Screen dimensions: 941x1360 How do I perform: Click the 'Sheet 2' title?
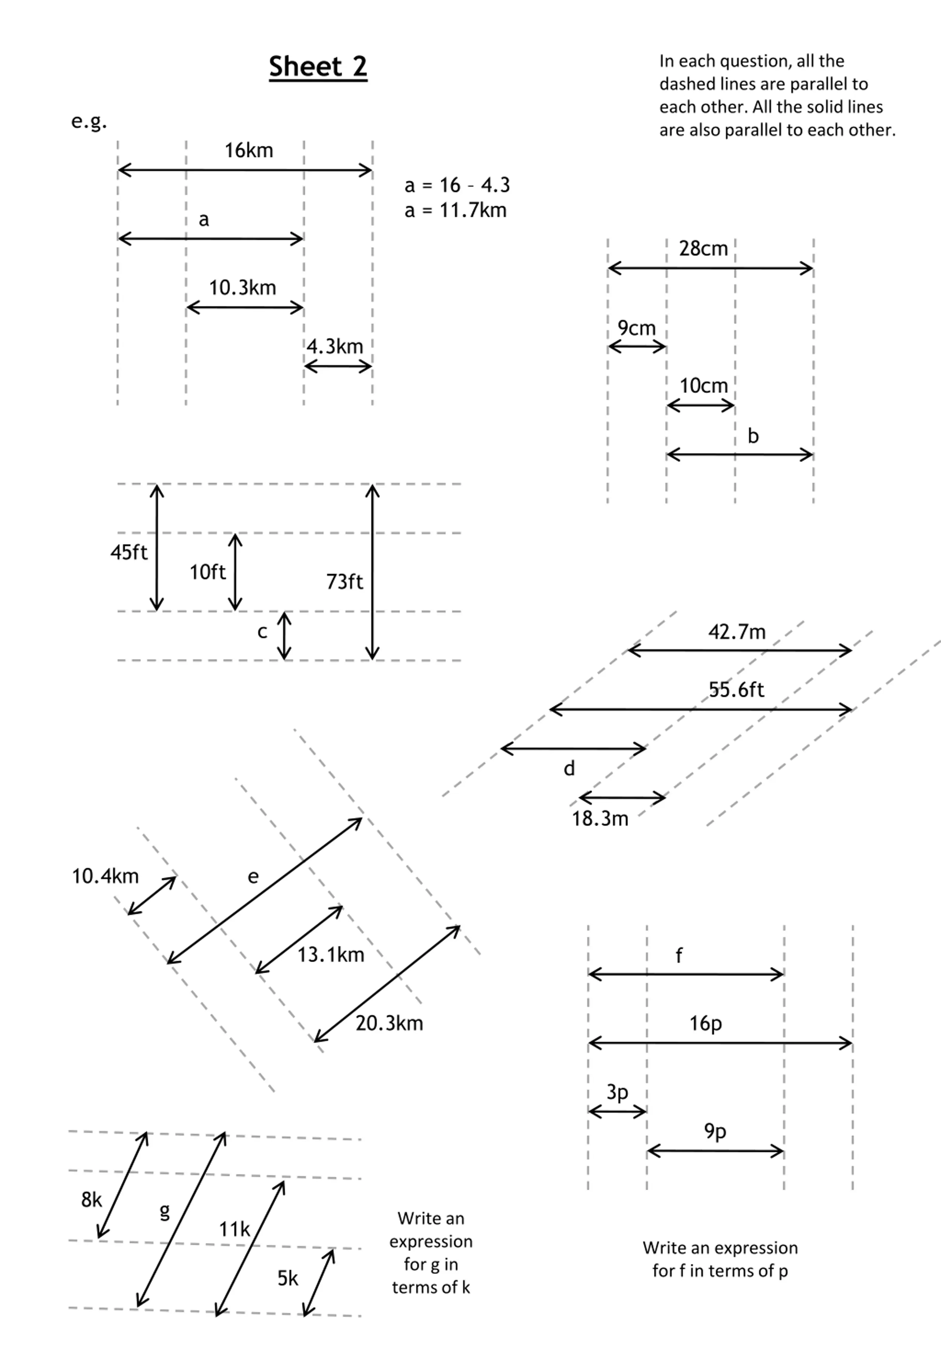pyautogui.click(x=318, y=67)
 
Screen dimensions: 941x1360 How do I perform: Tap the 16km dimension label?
pyautogui.click(x=249, y=150)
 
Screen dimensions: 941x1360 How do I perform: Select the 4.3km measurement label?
pyautogui.click(x=335, y=346)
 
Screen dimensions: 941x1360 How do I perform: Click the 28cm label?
pyautogui.click(x=704, y=248)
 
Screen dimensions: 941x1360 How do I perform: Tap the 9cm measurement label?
pyautogui.click(x=636, y=328)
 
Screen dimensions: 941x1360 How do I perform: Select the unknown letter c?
pyautogui.click(x=262, y=632)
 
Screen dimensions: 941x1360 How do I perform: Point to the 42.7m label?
pyautogui.click(x=737, y=632)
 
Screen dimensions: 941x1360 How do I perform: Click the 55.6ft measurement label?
pyautogui.click(x=736, y=690)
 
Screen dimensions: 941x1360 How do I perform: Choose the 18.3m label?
pyautogui.click(x=600, y=819)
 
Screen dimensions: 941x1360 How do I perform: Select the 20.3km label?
pyautogui.click(x=389, y=1023)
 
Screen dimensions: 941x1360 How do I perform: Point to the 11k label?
pyautogui.click(x=235, y=1230)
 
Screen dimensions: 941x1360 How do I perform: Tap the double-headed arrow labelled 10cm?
pyautogui.click(x=701, y=406)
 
